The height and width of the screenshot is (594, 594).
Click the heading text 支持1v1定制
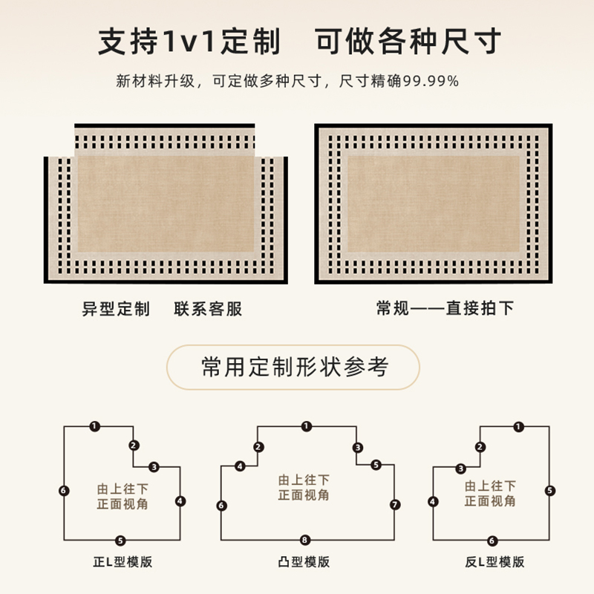pos(190,42)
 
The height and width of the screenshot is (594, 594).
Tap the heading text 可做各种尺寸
pos(408,42)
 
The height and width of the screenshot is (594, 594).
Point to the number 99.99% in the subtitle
pos(437,82)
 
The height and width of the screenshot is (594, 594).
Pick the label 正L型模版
pos(119,562)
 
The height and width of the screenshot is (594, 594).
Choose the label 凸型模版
pos(304,562)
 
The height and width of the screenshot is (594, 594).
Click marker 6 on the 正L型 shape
pos(64,491)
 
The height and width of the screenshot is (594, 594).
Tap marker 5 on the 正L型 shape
pos(120,540)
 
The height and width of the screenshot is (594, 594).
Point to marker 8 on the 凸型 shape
pos(305,540)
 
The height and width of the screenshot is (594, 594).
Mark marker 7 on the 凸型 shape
pos(395,505)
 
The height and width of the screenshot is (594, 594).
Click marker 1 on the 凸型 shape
pos(307,427)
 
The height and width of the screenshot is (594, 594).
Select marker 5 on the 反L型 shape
pos(549,491)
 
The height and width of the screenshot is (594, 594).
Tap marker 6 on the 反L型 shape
pos(492,541)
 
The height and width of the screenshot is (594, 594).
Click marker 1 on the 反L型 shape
pos(518,427)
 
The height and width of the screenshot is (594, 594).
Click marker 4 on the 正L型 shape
pos(180,501)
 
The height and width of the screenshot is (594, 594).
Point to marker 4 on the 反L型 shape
pos(434,502)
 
